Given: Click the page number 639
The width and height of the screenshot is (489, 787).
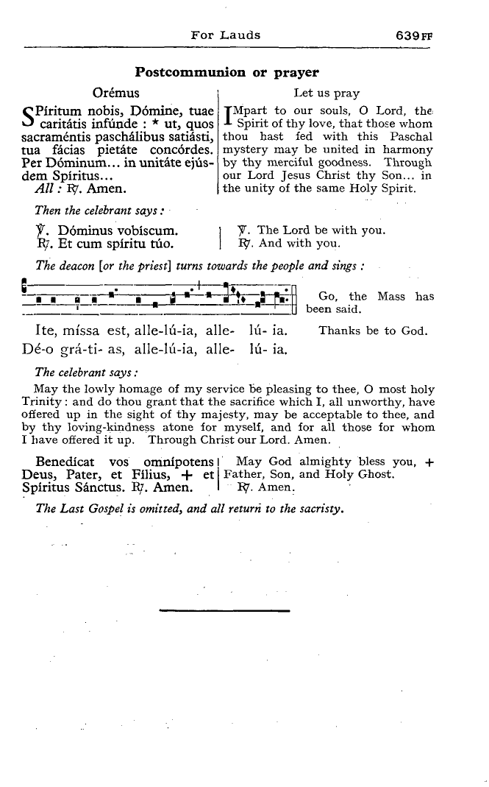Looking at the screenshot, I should point(407,35).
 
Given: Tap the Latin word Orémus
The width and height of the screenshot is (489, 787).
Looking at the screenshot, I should point(116,93).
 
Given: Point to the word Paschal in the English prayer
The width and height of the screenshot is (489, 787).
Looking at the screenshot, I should point(412,137).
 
